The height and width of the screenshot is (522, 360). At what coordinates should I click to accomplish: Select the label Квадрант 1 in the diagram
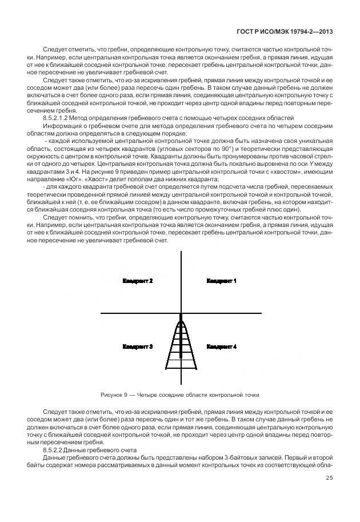click(x=222, y=281)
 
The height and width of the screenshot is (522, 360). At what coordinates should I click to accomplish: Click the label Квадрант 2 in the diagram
click(x=138, y=281)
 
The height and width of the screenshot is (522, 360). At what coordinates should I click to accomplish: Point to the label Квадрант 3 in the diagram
click(x=138, y=346)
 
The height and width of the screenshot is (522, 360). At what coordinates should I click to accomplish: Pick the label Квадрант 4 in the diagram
click(x=222, y=346)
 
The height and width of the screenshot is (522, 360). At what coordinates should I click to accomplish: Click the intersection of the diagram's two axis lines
click(x=181, y=313)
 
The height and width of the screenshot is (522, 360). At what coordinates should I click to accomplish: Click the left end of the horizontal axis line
click(x=102, y=313)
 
